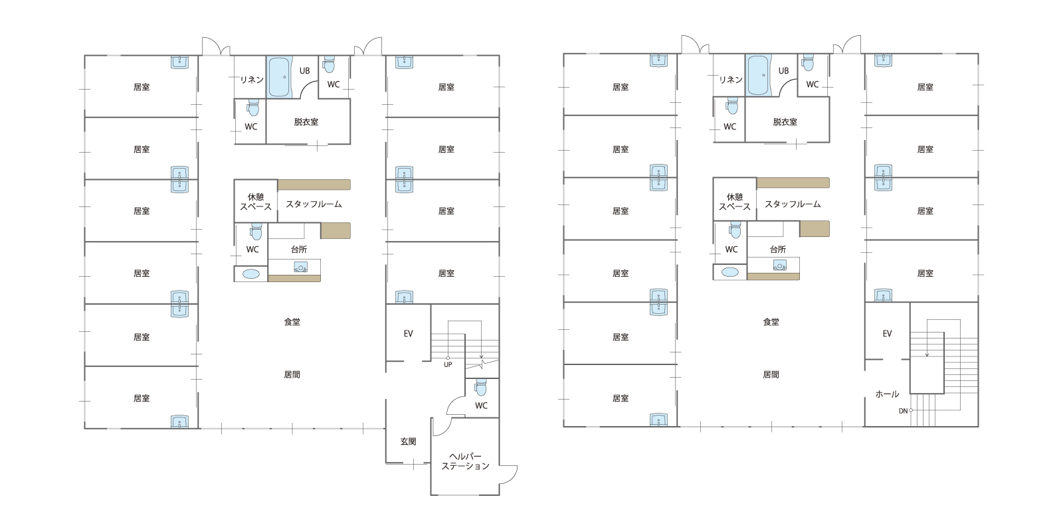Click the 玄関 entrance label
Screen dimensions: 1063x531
coord(408,441)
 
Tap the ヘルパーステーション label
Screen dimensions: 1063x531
coord(465,461)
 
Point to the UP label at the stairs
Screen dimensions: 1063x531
coord(448,364)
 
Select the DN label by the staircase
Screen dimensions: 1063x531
coord(903,411)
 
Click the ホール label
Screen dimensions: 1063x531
coord(887,394)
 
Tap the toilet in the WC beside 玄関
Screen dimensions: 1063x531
coord(481,388)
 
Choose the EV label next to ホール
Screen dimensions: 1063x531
coord(887,334)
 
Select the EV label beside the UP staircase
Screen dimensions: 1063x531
coord(408,334)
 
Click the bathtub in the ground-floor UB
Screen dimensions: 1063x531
coord(279,77)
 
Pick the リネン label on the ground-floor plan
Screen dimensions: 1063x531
coord(252,80)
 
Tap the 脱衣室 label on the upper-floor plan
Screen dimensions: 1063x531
coord(785,122)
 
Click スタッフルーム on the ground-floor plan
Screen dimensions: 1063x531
coord(314,204)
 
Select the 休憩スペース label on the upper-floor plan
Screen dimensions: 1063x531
coord(735,202)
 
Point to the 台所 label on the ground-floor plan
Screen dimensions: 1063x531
coord(299,250)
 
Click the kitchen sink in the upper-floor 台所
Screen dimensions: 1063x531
coord(779,265)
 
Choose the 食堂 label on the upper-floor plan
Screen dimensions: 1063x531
coord(771,322)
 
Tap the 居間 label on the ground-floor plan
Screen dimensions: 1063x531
coord(292,374)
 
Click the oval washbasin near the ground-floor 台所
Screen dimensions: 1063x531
coord(251,274)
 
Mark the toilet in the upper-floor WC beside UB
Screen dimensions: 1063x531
coord(808,62)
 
